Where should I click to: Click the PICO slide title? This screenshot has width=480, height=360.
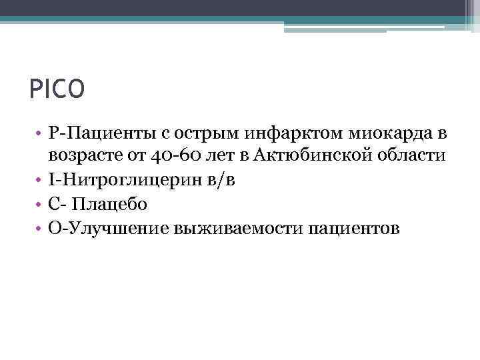(x=57, y=89)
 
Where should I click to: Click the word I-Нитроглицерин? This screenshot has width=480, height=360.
(x=119, y=181)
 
